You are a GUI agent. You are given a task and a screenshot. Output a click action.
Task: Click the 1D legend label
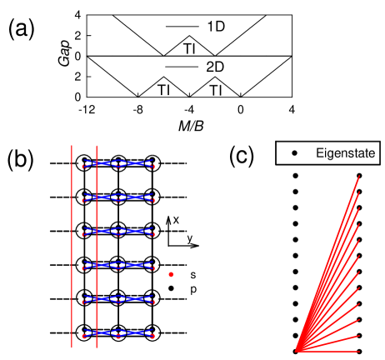click(215, 27)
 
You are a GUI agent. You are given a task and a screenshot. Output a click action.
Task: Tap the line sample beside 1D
click(182, 27)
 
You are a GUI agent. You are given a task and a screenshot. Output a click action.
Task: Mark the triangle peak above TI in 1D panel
click(190, 37)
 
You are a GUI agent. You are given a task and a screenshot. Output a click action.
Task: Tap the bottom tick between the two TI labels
click(190, 96)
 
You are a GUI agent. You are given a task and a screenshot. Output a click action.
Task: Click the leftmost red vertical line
click(72, 246)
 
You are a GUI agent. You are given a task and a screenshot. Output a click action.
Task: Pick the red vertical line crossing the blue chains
click(97, 246)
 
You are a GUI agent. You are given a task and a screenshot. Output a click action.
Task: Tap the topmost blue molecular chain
click(118, 163)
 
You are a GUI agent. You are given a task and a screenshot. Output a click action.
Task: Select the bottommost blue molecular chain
click(118, 334)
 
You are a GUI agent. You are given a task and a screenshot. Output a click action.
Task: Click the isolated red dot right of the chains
click(171, 273)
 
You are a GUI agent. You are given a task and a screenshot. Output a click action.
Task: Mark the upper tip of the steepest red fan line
click(360, 175)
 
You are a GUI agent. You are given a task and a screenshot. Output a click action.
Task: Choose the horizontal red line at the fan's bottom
click(329, 351)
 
